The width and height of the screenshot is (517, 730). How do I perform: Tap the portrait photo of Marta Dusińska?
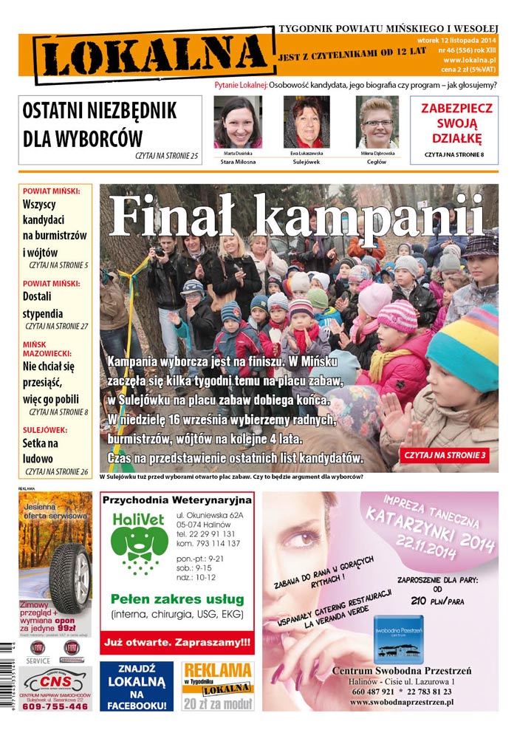pos(237,122)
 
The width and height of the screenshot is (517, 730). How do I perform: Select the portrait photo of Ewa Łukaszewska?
pos(307,122)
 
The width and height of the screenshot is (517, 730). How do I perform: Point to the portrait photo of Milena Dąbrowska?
pos(377,122)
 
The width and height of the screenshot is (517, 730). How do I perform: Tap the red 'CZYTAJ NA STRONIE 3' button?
pos(445,455)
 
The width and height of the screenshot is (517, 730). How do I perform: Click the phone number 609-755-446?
pos(55,706)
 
